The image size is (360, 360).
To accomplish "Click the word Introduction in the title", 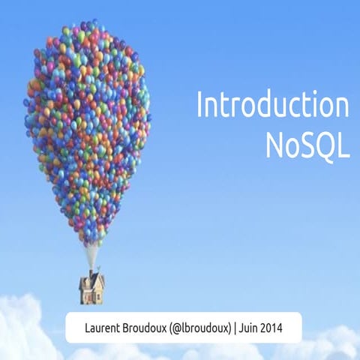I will (x=272, y=105).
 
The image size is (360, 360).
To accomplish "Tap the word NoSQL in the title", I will (x=307, y=145).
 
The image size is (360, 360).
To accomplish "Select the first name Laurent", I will (x=106, y=327).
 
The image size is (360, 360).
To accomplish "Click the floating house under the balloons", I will (x=91, y=286).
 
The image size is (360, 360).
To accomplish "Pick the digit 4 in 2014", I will (x=298, y=327).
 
